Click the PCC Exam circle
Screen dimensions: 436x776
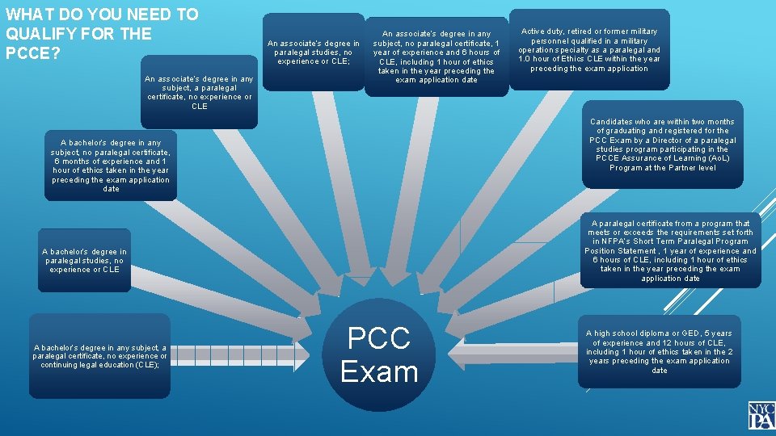(x=379, y=355)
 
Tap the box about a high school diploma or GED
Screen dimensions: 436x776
(x=660, y=352)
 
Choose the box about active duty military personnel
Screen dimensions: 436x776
(x=589, y=50)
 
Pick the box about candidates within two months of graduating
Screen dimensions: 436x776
(x=662, y=145)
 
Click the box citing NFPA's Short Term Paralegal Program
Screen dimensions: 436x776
(x=670, y=250)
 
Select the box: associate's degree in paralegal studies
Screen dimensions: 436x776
(x=314, y=52)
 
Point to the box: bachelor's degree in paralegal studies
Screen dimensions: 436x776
(x=84, y=261)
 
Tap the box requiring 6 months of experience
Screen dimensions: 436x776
(x=111, y=166)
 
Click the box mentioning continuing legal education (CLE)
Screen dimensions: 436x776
(x=100, y=356)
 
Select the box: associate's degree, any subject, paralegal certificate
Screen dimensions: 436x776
(x=199, y=92)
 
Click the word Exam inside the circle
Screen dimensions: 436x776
(x=379, y=371)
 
